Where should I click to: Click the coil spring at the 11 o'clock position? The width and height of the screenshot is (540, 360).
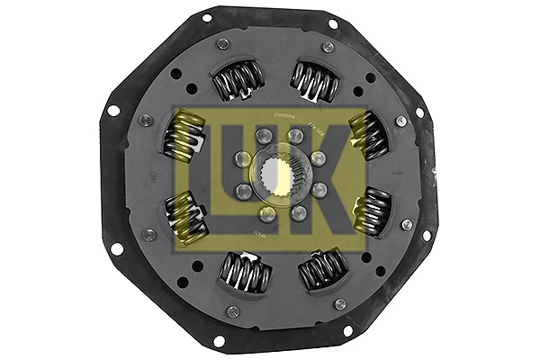point(238,81)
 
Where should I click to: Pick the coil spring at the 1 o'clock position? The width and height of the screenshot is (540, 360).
point(312,81)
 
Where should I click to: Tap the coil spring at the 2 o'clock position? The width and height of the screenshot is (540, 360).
point(368,134)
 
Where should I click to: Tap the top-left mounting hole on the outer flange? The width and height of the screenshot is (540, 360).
point(206,18)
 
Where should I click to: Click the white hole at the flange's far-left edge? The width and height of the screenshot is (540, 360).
point(113,110)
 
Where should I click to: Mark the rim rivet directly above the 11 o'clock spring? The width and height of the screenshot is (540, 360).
point(222,43)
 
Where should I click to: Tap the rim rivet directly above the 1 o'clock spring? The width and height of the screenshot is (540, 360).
point(328,47)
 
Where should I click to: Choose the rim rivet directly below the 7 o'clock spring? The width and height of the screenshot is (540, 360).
point(233,311)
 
